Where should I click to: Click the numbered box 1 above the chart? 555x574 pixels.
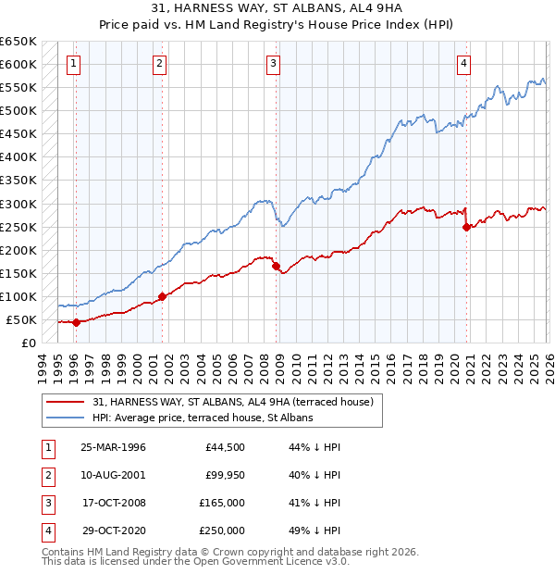pyautogui.click(x=72, y=64)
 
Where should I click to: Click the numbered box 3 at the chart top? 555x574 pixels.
pyautogui.click(x=274, y=64)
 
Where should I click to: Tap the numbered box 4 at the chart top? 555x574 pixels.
pyautogui.click(x=463, y=64)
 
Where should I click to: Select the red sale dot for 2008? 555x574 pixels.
pyautogui.click(x=277, y=266)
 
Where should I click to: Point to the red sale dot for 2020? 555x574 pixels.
pyautogui.click(x=467, y=227)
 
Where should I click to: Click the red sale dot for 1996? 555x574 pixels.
pyautogui.click(x=77, y=322)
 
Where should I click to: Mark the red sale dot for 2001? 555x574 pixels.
pyautogui.click(x=162, y=296)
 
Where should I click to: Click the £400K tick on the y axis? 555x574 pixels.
pyautogui.click(x=18, y=157)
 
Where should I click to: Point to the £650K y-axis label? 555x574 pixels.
pyautogui.click(x=18, y=42)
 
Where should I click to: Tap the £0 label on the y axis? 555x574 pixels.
pyautogui.click(x=28, y=343)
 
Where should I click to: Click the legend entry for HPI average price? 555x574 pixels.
pyautogui.click(x=203, y=418)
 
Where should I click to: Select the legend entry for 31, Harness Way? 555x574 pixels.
pyautogui.click(x=232, y=402)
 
